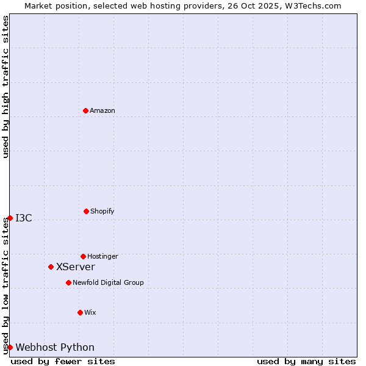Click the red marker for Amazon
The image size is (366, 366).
coord(85,110)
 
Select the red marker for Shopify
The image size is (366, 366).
coord(86,211)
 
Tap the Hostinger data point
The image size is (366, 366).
coord(83,256)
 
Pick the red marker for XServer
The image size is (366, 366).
coord(51,267)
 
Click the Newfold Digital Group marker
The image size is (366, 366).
coord(68,282)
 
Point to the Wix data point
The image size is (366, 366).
coord(80,312)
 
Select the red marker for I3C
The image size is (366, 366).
coord(10,218)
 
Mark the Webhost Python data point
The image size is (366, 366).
coord(10,347)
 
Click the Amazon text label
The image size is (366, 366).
coord(102,110)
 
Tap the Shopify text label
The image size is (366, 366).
coord(102,211)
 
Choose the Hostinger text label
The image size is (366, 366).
coord(102,256)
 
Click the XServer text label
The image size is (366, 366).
coord(76,267)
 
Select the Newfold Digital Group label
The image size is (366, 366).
coord(109,282)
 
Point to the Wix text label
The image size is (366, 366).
coord(90,312)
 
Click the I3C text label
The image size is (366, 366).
coord(24,218)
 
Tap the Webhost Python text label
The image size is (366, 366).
coord(55,347)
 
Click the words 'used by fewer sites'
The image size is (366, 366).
coord(63,361)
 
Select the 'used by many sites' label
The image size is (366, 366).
coord(306,361)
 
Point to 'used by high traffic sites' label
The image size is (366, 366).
coord(5,87)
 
